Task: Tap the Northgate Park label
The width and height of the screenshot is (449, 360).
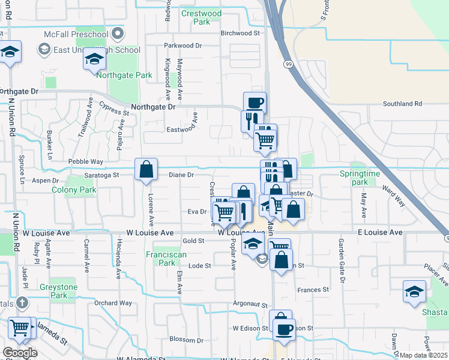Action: [x=127, y=76]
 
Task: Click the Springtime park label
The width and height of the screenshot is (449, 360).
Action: [x=360, y=178]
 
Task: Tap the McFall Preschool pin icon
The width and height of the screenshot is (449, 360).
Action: [x=118, y=33]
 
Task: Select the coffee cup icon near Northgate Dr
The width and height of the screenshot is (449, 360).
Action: [x=254, y=102]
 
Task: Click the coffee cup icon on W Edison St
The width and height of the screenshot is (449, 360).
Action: [x=283, y=328]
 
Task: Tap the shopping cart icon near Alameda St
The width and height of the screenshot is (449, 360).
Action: [x=20, y=328]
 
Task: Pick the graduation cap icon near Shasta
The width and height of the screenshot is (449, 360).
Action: [x=414, y=292]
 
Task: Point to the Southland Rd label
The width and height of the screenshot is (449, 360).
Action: [x=402, y=104]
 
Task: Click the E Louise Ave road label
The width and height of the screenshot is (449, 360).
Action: [x=379, y=232]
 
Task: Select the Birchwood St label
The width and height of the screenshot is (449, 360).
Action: [x=240, y=34]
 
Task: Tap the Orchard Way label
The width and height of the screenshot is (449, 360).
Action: [x=113, y=303]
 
